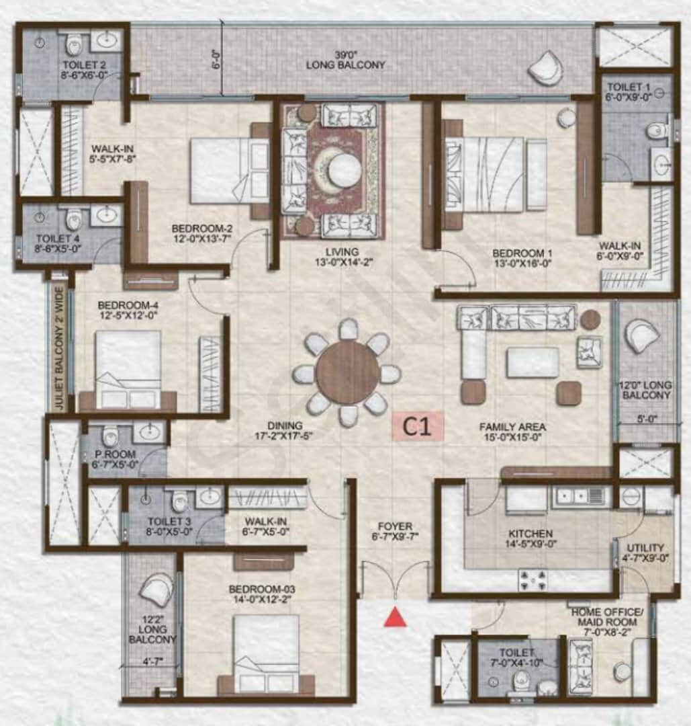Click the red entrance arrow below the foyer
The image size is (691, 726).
pos(396,616)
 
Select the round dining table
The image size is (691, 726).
pos(347,372)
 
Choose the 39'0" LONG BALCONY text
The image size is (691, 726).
pos(345,60)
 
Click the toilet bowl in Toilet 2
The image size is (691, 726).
pos(73,46)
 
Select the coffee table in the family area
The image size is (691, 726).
pos(532,362)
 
